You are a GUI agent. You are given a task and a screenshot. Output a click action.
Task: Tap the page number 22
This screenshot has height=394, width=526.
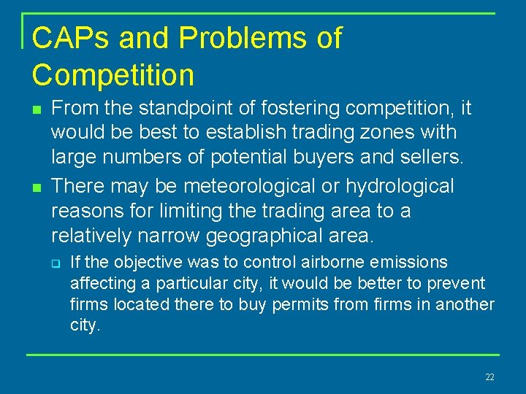click(489, 376)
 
